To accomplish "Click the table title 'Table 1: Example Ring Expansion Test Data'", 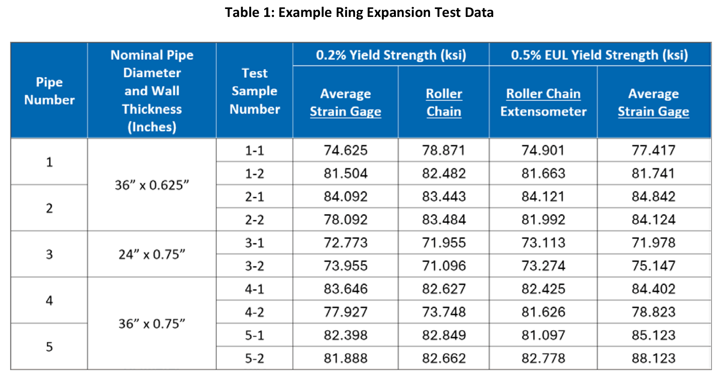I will (x=359, y=13).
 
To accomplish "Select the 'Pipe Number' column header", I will (x=49, y=91).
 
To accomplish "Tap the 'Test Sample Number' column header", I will (x=254, y=91).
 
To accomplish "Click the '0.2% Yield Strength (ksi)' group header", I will (x=391, y=55).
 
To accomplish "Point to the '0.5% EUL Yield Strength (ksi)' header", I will (x=599, y=55).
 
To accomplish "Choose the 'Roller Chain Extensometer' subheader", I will (x=543, y=103).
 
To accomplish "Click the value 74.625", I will (x=345, y=150).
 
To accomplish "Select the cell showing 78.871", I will (x=444, y=150).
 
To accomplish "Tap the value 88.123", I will (x=653, y=358).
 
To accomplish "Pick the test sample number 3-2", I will (x=254, y=266).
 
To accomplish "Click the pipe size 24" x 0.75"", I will (x=152, y=255).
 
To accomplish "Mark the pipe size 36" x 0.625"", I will (x=152, y=185).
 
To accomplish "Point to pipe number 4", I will (x=49, y=300).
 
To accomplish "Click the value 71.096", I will (x=444, y=266).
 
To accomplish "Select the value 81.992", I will (x=543, y=220).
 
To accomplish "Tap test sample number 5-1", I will (x=254, y=335).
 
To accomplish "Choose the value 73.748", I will (x=444, y=312).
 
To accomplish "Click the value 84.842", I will (x=653, y=197).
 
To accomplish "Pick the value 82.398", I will (x=345, y=335).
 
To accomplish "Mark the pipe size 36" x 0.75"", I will (x=152, y=324).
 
